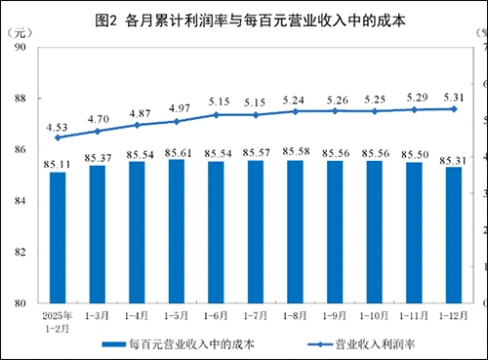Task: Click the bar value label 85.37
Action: point(98,156)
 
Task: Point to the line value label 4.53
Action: point(58,124)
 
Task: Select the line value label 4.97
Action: point(177,107)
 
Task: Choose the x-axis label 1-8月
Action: point(296,315)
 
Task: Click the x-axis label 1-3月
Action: point(98,315)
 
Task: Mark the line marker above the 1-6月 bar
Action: point(217,115)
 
